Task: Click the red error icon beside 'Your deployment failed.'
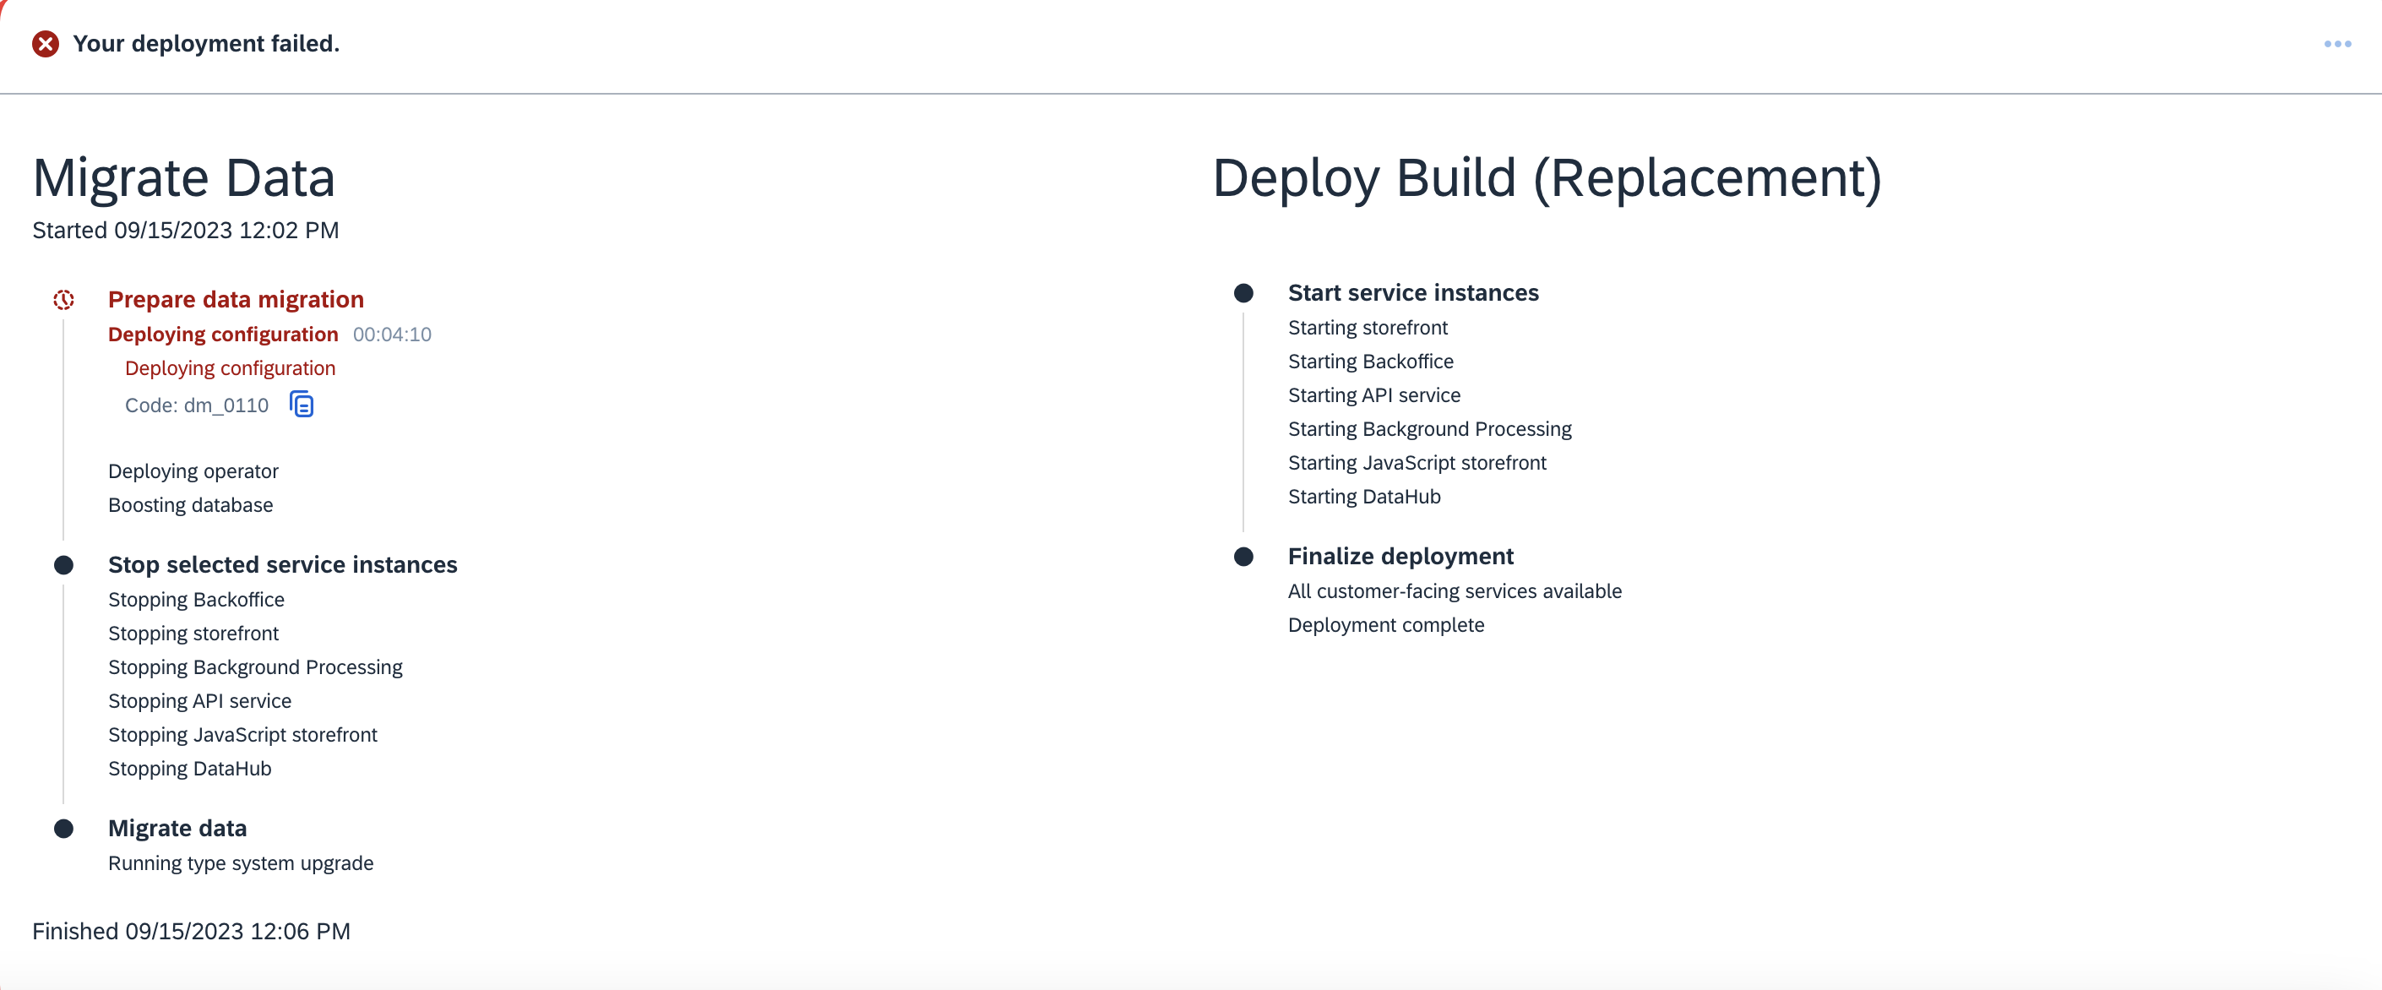point(46,43)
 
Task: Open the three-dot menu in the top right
point(2336,43)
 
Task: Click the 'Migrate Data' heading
point(183,177)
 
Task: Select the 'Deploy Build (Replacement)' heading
point(1546,177)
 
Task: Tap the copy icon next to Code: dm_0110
point(302,404)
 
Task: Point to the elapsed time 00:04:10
point(392,335)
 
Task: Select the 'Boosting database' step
point(191,504)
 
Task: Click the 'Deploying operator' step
point(193,471)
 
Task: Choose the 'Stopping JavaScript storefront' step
point(242,735)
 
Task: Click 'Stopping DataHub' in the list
point(189,768)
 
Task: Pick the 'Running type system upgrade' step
point(241,863)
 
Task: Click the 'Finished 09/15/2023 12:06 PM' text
point(192,931)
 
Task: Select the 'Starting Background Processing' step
point(1429,429)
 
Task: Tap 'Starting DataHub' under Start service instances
point(1364,497)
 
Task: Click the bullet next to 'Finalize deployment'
point(1243,557)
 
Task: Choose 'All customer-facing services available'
point(1455,591)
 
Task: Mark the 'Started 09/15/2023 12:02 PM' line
point(186,230)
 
